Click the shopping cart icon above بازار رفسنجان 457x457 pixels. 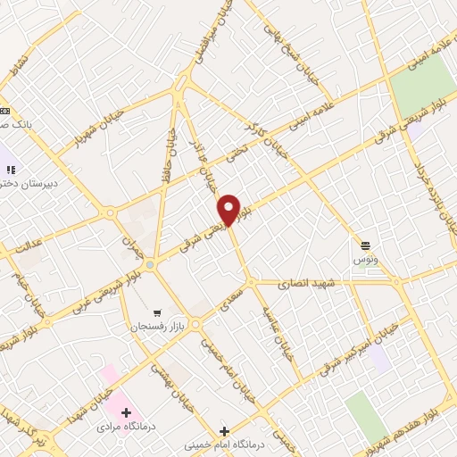(157, 313)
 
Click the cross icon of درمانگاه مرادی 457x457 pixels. (126, 413)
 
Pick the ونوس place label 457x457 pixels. (365, 257)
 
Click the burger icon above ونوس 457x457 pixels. (365, 245)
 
